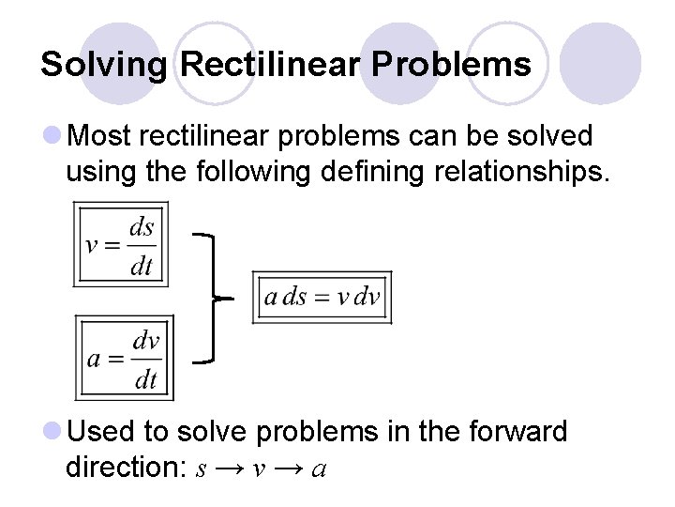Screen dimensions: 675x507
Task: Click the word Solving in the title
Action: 105,65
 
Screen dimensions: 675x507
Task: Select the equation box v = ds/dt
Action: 121,244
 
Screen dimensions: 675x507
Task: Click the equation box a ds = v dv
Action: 322,297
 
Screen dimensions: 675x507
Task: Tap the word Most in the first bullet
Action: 99,136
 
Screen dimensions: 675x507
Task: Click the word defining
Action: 355,171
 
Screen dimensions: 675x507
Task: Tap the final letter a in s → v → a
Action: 319,469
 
